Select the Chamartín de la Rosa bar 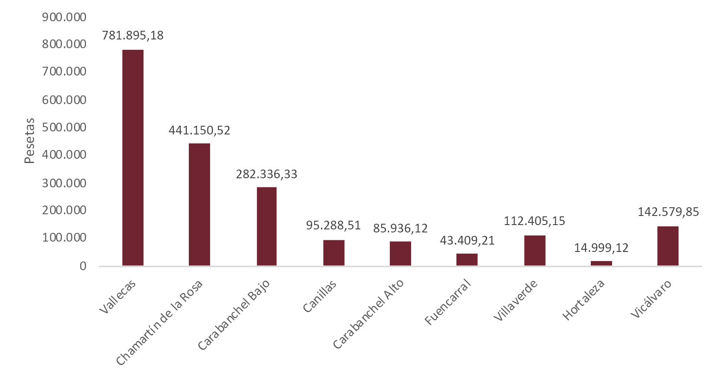(x=199, y=204)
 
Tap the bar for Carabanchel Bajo (x=267, y=226)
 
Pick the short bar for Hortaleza (x=601, y=263)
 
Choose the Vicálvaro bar (x=668, y=246)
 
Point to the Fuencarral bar (x=467, y=259)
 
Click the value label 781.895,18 (x=133, y=36)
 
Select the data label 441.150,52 (x=199, y=131)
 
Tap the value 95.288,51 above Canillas (x=333, y=225)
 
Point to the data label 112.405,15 (x=534, y=221)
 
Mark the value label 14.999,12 (x=601, y=248)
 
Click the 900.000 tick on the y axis (x=64, y=17)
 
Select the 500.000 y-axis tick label (x=64, y=127)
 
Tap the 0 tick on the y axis (x=83, y=266)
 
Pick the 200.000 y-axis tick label (x=64, y=210)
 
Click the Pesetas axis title (x=29, y=140)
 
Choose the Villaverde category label (x=516, y=301)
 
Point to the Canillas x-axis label (x=319, y=297)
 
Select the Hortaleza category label (x=583, y=300)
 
